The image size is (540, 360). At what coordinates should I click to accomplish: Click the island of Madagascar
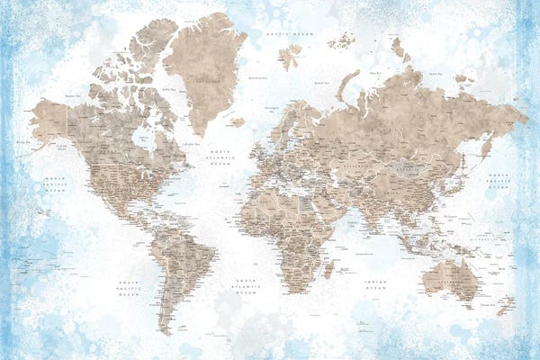[328, 268]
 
